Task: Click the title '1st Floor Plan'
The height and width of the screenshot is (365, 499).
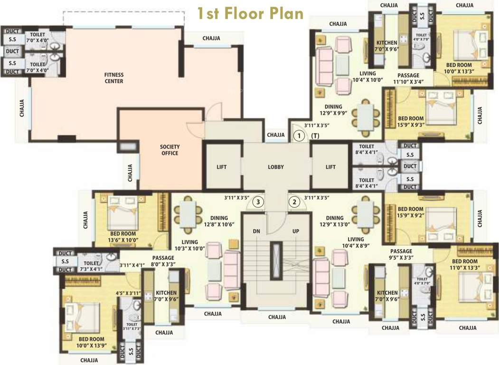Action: (x=250, y=13)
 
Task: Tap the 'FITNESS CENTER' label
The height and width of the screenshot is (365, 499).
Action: (x=114, y=78)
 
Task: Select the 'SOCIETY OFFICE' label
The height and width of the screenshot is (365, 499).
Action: (x=169, y=150)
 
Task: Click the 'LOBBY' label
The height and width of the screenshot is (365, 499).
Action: (x=276, y=167)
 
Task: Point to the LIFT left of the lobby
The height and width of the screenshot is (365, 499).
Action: (x=222, y=167)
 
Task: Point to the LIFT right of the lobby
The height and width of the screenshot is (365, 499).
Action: (x=330, y=167)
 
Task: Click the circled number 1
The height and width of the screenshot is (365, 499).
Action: (x=299, y=136)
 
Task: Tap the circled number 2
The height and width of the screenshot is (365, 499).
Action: (x=294, y=202)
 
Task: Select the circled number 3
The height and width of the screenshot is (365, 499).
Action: (x=258, y=202)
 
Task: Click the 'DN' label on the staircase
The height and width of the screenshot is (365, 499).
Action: (x=256, y=231)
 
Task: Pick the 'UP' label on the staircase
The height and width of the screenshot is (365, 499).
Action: (x=296, y=231)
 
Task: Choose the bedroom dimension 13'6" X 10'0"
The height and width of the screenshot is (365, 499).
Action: (x=123, y=240)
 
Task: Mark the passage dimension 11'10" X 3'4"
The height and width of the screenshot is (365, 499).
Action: (x=408, y=82)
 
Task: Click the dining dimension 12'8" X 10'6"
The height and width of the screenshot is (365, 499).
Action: (x=220, y=224)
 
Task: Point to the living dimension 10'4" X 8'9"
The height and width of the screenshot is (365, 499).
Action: (x=355, y=246)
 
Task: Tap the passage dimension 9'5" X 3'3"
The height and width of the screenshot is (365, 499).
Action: (x=402, y=258)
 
